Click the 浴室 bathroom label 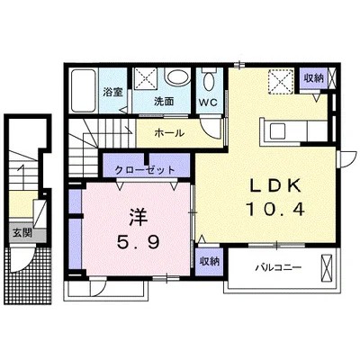112,93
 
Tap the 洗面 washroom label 164,102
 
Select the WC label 208,103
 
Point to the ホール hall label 169,133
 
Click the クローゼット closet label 145,170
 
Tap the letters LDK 275,186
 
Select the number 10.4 275,209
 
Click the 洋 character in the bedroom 139,217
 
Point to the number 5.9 138,242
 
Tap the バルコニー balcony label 278,267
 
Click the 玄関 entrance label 22,232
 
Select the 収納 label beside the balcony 210,261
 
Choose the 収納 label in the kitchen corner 313,78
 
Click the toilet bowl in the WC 209,81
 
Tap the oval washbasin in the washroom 177,77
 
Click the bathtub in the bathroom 84,90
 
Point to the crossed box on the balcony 327,268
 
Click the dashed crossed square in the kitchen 281,82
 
